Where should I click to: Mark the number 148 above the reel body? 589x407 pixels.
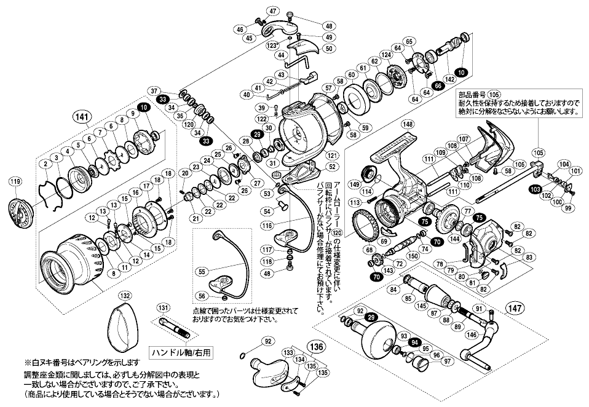click(x=408, y=124)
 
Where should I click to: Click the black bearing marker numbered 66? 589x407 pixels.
click(x=438, y=86)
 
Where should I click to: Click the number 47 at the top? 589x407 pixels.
click(x=291, y=12)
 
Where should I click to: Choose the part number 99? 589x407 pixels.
click(x=567, y=209)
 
